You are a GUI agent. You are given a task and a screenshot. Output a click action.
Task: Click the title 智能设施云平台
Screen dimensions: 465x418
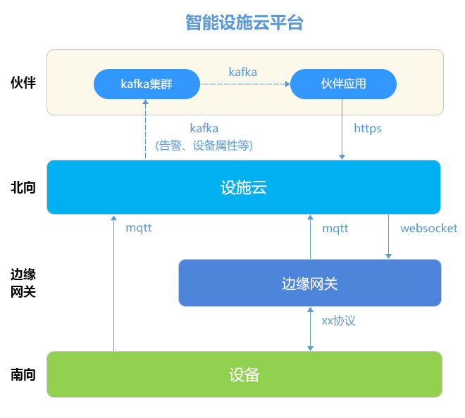tap(244, 23)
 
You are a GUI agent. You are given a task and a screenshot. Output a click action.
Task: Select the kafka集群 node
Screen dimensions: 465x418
tap(147, 84)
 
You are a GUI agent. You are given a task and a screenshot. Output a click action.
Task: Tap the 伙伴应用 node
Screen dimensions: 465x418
tap(343, 84)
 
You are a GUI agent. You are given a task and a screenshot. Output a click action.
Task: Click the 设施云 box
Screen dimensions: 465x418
tap(244, 187)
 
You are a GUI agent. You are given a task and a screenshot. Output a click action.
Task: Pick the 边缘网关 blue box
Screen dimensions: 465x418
tap(310, 283)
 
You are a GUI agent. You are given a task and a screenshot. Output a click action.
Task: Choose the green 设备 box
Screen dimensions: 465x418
tap(244, 374)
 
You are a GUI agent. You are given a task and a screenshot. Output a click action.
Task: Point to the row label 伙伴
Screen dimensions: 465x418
tap(23, 82)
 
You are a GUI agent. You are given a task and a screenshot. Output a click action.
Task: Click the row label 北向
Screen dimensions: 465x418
tap(23, 187)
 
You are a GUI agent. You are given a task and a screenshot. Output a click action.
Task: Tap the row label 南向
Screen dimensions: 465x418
tap(23, 375)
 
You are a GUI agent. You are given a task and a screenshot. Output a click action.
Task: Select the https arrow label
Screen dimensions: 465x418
tap(368, 129)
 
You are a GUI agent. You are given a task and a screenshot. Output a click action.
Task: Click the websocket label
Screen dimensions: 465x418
tap(428, 228)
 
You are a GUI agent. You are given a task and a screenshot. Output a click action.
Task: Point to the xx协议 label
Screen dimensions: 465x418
tap(338, 320)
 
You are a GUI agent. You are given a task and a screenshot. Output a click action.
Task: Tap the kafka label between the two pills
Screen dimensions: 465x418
tap(242, 72)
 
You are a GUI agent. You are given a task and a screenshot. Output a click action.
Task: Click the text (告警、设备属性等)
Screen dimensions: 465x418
tap(204, 146)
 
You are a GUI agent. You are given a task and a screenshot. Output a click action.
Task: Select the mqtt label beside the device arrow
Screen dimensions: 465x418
tap(139, 228)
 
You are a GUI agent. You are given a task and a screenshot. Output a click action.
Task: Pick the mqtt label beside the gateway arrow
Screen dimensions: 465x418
tap(335, 229)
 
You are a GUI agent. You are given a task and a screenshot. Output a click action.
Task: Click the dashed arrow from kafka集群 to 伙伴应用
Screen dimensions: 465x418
tap(245, 84)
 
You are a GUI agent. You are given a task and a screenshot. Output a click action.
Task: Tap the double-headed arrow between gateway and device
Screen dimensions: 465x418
tap(310, 329)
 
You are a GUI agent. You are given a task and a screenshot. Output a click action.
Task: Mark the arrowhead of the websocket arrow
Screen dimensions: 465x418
tap(388, 256)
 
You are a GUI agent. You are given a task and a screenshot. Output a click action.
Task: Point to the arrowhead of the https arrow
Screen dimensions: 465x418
tap(342, 157)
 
